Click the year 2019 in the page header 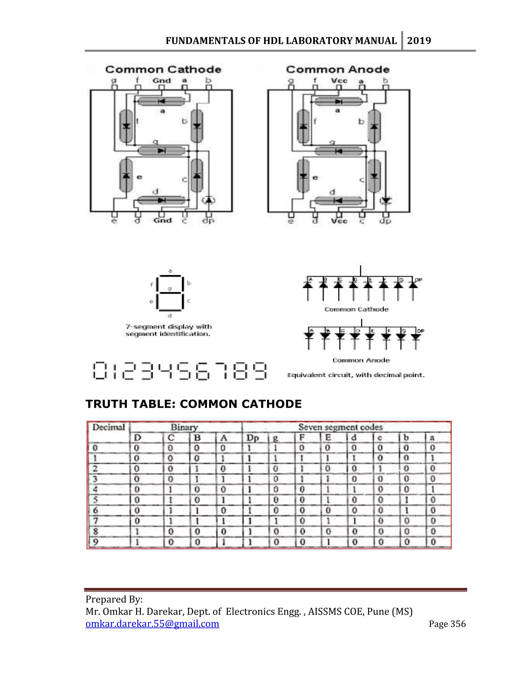point(419,41)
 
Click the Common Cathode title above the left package point(163,69)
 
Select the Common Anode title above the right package point(338,69)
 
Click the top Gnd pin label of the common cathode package point(162,81)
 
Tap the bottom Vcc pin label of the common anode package point(339,221)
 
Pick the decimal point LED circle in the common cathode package point(209,200)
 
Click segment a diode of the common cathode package point(161,101)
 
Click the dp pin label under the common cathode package point(208,221)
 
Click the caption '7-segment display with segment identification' point(169,330)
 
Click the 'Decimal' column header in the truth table point(109,427)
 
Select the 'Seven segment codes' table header point(340,427)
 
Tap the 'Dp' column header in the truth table point(252,438)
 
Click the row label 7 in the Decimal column point(95,521)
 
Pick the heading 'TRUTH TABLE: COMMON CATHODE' point(194,404)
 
